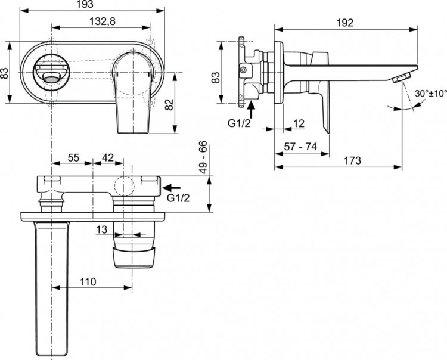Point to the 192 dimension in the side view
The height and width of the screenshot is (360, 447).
(344, 23)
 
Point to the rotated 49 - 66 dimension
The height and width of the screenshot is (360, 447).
(203, 158)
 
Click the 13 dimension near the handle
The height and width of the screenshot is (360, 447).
(101, 229)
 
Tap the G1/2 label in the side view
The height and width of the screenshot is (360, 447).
(238, 124)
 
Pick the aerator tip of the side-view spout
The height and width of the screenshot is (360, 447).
(403, 77)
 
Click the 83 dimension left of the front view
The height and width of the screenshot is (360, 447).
(5, 73)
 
